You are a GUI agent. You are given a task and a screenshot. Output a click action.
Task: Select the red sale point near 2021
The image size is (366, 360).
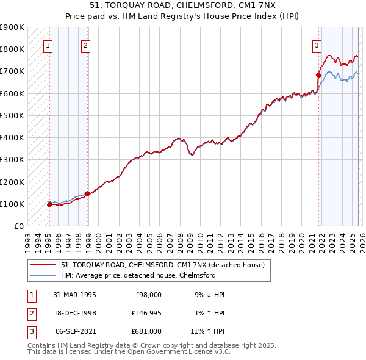click(x=318, y=76)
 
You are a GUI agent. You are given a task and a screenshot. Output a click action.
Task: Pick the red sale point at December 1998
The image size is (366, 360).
click(x=87, y=194)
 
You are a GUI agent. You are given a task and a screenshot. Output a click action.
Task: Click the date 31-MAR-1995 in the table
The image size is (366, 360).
click(x=74, y=295)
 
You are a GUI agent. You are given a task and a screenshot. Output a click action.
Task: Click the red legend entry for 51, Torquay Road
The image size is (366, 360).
click(x=162, y=265)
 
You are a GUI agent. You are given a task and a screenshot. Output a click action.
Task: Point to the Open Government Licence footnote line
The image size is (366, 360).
click(x=129, y=352)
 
